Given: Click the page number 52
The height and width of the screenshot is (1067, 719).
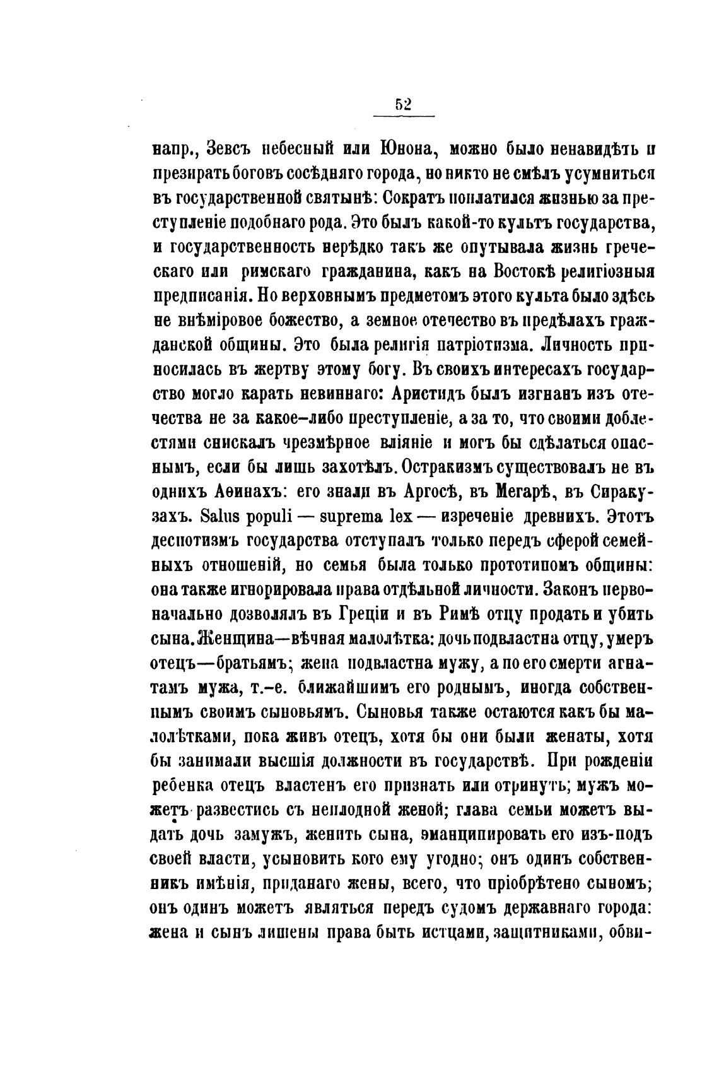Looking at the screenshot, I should point(403,105).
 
